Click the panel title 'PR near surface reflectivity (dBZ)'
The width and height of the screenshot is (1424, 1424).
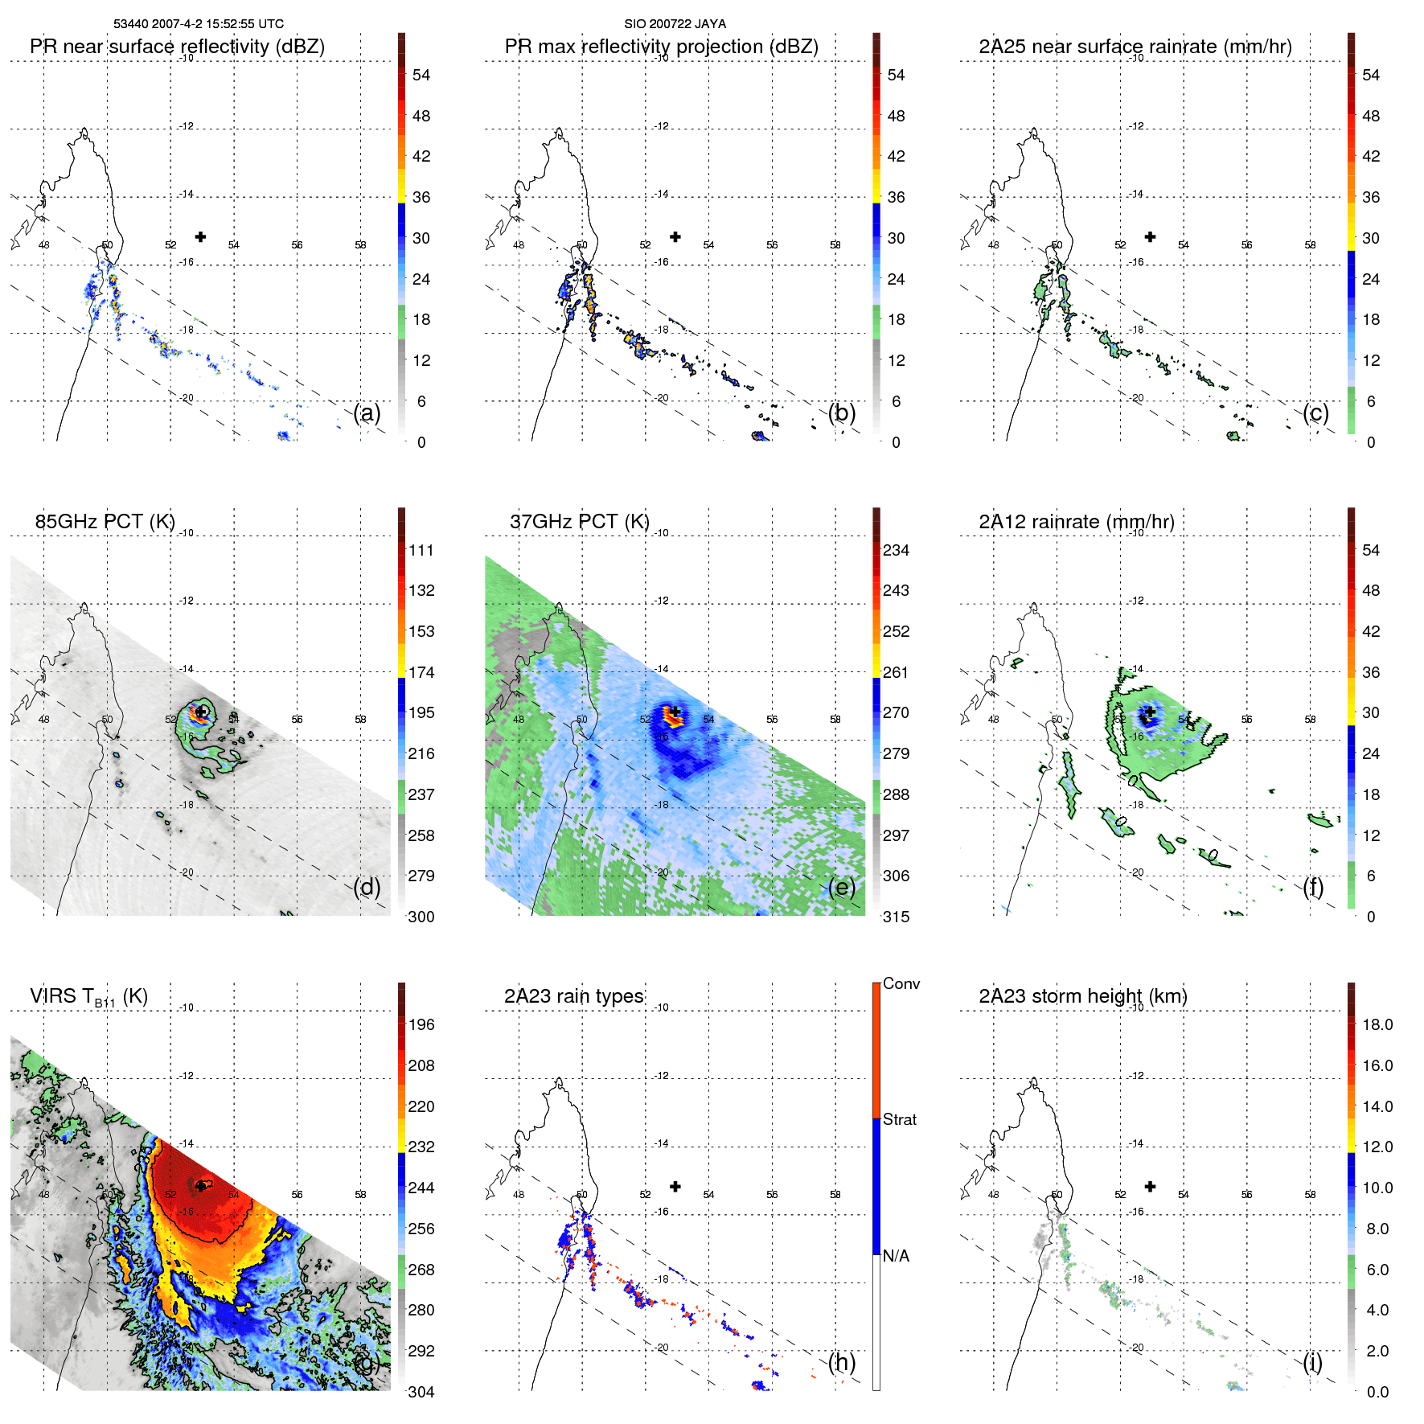[x=177, y=47]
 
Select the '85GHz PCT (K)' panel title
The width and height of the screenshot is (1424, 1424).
[x=105, y=522]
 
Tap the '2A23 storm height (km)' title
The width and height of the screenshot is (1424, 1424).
[x=1082, y=996]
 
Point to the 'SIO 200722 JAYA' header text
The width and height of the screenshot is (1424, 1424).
[x=675, y=24]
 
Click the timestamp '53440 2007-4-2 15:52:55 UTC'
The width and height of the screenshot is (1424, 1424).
[x=199, y=24]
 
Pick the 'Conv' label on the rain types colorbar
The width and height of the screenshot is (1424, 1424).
[x=901, y=983]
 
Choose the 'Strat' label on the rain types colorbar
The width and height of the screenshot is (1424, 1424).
[x=899, y=1119]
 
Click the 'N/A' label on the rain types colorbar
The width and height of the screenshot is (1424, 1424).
[x=896, y=1256]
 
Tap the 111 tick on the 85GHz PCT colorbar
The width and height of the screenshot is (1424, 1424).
[x=421, y=550]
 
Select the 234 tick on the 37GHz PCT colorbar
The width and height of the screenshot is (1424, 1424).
[x=896, y=550]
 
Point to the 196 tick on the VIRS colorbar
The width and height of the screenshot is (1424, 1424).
[x=421, y=1024]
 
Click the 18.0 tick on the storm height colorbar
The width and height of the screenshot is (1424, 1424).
[x=1377, y=1024]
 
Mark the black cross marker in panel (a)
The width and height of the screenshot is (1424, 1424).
[x=200, y=236]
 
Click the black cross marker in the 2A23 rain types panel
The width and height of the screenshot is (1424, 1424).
[x=675, y=1186]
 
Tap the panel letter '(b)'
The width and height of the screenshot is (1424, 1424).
[x=842, y=412]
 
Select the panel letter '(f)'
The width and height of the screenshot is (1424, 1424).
[x=1313, y=887]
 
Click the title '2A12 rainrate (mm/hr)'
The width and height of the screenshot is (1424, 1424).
[x=1076, y=522]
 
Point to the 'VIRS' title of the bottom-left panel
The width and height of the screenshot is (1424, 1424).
[x=55, y=996]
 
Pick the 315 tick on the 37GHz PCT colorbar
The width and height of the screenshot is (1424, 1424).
[x=896, y=917]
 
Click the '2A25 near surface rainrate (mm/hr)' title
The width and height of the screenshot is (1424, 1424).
[x=1135, y=47]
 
